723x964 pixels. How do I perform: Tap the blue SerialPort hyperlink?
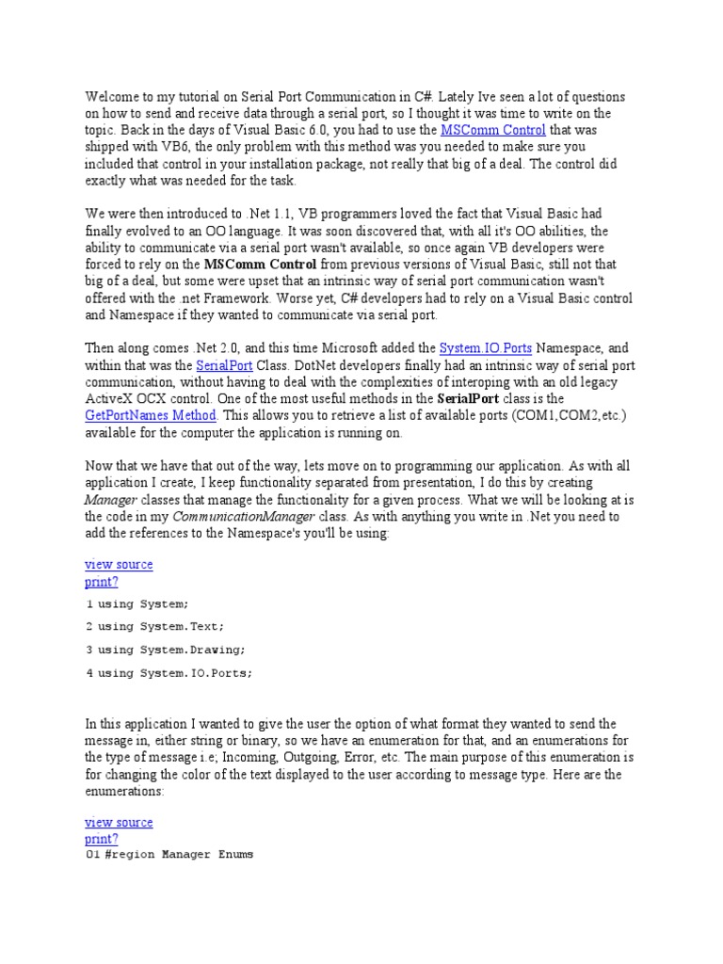[x=223, y=365]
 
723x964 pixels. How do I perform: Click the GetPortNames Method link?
[x=151, y=415]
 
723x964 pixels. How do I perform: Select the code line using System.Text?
[x=161, y=626]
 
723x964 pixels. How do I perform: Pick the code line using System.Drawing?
[x=170, y=650]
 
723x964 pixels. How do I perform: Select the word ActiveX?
[x=109, y=399]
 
